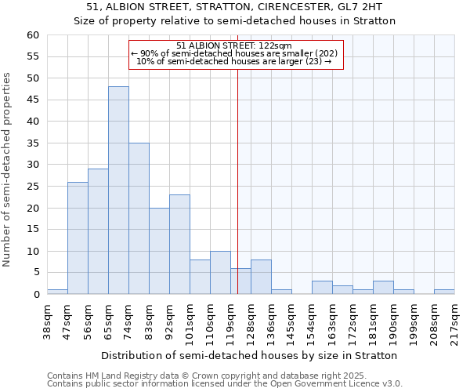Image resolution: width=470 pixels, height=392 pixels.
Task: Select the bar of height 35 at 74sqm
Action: pyautogui.click(x=139, y=219)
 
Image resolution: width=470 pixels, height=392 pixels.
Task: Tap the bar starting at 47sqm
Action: pyautogui.click(x=78, y=238)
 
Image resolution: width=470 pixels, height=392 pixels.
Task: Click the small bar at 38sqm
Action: pyautogui.click(x=57, y=292)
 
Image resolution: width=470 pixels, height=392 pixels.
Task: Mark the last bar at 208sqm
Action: pyautogui.click(x=444, y=292)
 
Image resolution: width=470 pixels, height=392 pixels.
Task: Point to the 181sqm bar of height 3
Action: pyautogui.click(x=383, y=288)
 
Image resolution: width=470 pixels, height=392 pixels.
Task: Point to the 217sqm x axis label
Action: pyautogui.click(x=454, y=320)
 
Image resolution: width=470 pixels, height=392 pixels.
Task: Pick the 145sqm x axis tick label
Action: pyautogui.click(x=291, y=320)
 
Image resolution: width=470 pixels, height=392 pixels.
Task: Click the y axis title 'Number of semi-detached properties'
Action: pyautogui.click(x=8, y=169)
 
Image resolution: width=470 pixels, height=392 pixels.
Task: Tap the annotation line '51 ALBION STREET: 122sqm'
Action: pyautogui.click(x=234, y=45)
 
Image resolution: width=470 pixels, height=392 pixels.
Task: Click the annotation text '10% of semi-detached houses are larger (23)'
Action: pyautogui.click(x=234, y=61)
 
